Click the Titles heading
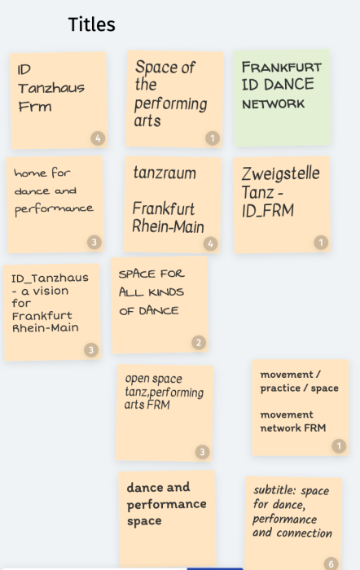(92, 24)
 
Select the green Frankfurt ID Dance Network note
(282, 98)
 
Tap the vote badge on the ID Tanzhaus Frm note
(98, 138)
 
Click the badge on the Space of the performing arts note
(213, 138)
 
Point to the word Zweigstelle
(281, 173)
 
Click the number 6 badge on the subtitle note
(331, 563)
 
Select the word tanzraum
(165, 173)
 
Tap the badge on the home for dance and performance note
(94, 242)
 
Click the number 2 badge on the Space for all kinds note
(199, 343)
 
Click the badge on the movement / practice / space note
(339, 445)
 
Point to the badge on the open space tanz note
(203, 452)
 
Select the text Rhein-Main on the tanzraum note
(168, 226)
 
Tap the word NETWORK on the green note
(274, 104)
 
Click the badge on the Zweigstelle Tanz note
(321, 243)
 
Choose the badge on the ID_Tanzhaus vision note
(91, 349)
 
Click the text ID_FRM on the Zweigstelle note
(268, 211)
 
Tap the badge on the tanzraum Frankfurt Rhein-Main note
(211, 243)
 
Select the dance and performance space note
(167, 520)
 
